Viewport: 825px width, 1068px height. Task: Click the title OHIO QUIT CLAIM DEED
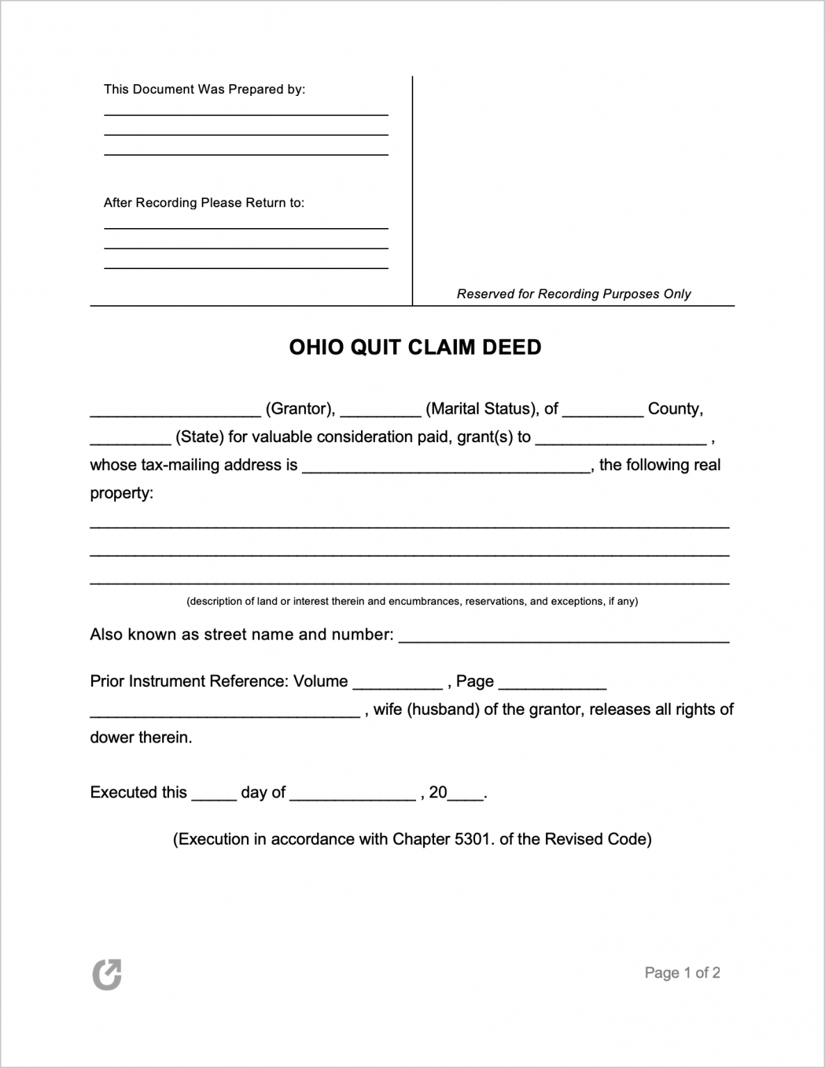(415, 347)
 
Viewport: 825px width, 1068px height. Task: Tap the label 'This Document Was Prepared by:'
(205, 89)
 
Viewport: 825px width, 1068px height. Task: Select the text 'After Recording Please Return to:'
(204, 203)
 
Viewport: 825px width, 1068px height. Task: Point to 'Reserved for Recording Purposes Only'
(573, 294)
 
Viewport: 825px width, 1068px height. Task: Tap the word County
(674, 409)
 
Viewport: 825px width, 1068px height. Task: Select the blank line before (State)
(130, 442)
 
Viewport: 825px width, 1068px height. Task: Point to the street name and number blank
(563, 639)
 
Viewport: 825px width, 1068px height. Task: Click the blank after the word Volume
(397, 686)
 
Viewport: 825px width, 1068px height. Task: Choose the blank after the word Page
(552, 686)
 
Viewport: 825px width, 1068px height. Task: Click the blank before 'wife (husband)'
(225, 714)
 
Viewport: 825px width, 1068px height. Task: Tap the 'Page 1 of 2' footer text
(682, 973)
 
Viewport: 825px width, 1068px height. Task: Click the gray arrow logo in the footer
(107, 974)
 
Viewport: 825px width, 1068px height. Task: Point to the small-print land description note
(412, 601)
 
